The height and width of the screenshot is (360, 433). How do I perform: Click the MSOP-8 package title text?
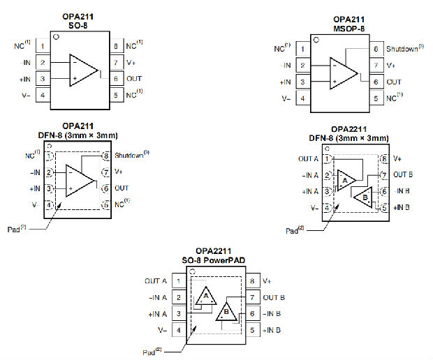[349, 29]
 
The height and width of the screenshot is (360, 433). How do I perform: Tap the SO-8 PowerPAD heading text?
[215, 260]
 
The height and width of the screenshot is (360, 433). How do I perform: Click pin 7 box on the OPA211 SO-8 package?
[115, 62]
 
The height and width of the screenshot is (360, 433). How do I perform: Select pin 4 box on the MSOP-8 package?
[302, 98]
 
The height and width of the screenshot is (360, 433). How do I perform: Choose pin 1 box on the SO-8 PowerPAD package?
[179, 281]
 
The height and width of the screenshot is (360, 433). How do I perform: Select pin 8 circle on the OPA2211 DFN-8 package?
[383, 159]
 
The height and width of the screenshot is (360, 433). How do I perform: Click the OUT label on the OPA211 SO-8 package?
[134, 78]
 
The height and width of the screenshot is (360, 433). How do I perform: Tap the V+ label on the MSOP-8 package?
[392, 65]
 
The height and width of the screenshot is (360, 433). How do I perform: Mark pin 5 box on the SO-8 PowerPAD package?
[252, 329]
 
